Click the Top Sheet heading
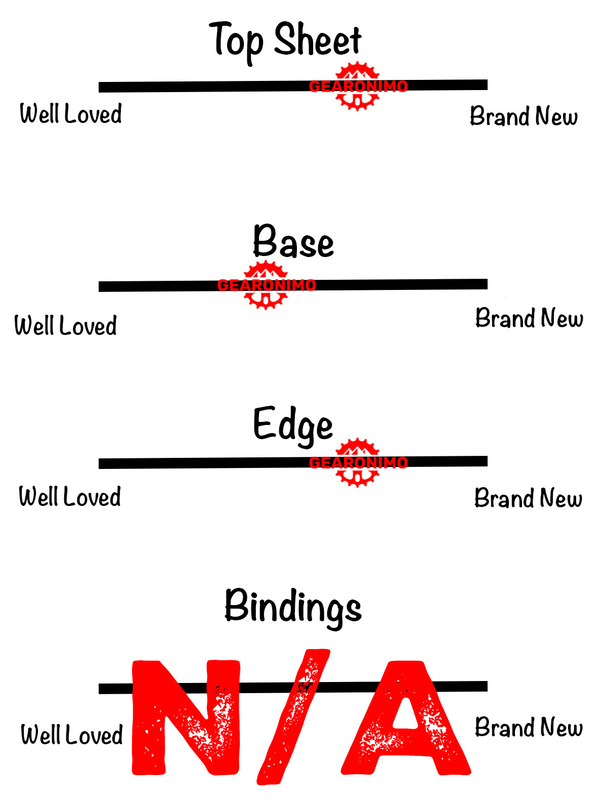(285, 40)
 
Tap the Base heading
(293, 242)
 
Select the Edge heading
(293, 425)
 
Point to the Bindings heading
(293, 607)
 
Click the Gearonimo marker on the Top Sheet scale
(358, 86)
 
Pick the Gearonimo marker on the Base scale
(266, 285)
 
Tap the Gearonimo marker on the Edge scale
(358, 462)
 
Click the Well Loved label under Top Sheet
(71, 114)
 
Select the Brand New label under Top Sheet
(524, 116)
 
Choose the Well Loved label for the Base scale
(66, 326)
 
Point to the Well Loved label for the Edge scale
(70, 497)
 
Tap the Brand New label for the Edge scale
(528, 499)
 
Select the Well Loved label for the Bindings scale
(72, 735)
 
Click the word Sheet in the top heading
(318, 40)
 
